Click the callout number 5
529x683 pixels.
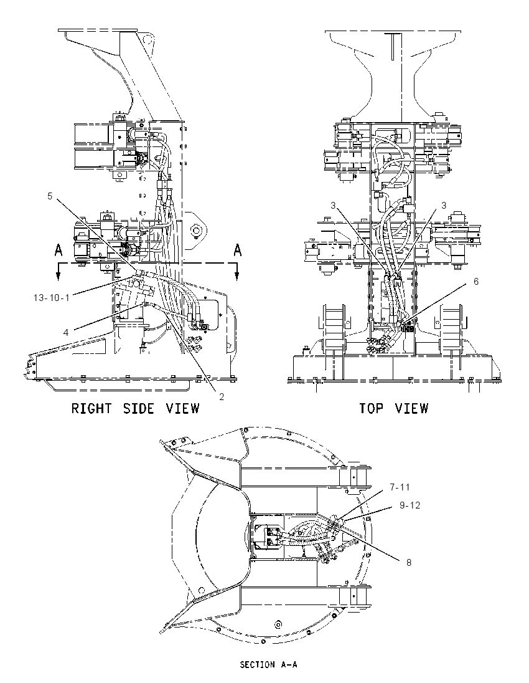pyautogui.click(x=50, y=196)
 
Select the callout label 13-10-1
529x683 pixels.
pyautogui.click(x=51, y=298)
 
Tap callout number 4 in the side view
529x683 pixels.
pyautogui.click(x=66, y=333)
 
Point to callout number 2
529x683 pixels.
pyautogui.click(x=222, y=397)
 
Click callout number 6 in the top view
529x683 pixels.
pyautogui.click(x=476, y=282)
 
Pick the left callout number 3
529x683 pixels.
pyautogui.click(x=333, y=205)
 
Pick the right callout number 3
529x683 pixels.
pyautogui.click(x=444, y=205)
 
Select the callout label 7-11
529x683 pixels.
pyautogui.click(x=400, y=487)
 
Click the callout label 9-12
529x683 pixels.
pyautogui.click(x=410, y=505)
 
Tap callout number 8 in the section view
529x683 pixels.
pyautogui.click(x=409, y=562)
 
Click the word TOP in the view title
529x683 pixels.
pyautogui.click(x=371, y=409)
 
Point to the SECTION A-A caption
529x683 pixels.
pyautogui.click(x=268, y=665)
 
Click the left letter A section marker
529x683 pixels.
pyautogui.click(x=59, y=250)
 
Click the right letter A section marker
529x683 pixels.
pyautogui.click(x=238, y=250)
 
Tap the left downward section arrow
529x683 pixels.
pyautogui.click(x=59, y=272)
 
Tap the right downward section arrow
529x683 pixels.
pyautogui.click(x=236, y=272)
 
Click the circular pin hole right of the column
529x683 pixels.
pyautogui.click(x=195, y=229)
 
